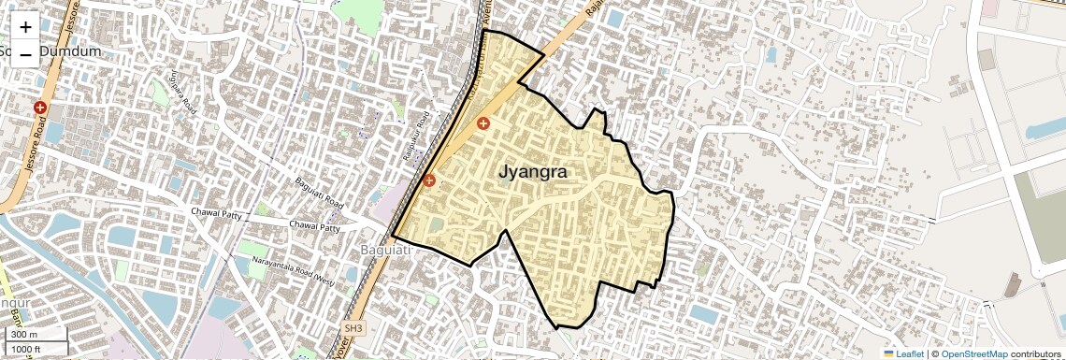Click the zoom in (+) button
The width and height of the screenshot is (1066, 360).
(x=25, y=27)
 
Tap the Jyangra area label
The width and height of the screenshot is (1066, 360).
(x=533, y=172)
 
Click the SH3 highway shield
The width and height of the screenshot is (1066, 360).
(x=353, y=329)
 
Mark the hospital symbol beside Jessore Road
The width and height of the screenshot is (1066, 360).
(x=40, y=108)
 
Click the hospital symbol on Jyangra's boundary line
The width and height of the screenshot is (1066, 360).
(x=429, y=180)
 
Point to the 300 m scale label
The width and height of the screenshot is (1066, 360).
(x=24, y=335)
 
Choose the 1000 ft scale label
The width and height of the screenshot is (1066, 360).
(x=27, y=350)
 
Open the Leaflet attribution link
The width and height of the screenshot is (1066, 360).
(x=910, y=353)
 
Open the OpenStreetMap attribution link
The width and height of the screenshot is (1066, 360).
(x=973, y=353)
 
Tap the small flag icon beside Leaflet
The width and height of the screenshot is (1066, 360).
(x=888, y=353)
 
